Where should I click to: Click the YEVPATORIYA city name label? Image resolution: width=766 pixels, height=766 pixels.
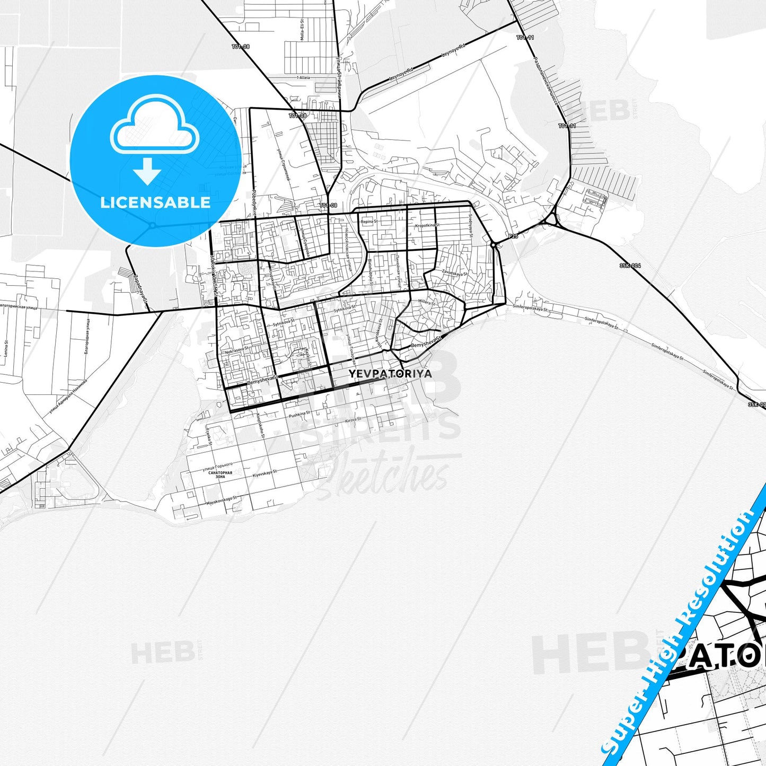point(390,373)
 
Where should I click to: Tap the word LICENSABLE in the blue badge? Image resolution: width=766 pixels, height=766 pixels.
point(155,202)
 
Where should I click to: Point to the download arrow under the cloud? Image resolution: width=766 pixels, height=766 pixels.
point(147,170)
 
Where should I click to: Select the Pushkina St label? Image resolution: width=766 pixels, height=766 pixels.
point(300,413)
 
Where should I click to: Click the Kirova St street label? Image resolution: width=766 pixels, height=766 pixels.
point(353,420)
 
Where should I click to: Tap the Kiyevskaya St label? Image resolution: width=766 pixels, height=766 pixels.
point(265,473)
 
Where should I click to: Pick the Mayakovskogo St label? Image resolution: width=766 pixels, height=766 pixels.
point(221,500)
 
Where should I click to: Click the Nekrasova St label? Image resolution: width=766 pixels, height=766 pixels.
point(236,351)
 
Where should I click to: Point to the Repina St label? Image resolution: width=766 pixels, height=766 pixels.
point(369,222)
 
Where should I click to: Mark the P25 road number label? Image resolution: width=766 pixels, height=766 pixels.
point(513,236)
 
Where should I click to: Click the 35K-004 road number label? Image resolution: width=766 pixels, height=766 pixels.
point(630,266)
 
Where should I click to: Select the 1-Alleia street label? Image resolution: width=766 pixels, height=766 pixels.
point(304,77)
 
